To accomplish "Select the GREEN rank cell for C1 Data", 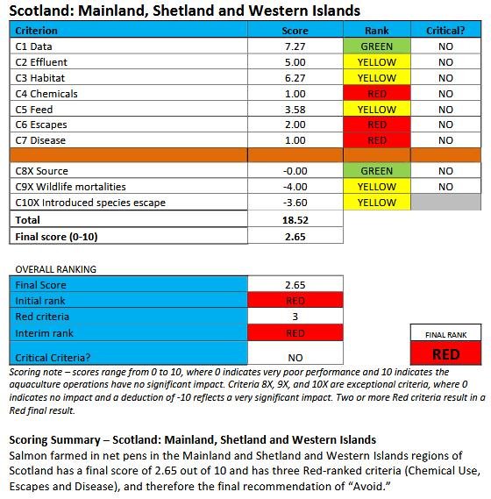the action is point(377,46).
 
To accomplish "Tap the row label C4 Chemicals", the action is point(47,94).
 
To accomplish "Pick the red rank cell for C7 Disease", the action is point(377,140).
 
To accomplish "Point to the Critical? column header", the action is point(445,31).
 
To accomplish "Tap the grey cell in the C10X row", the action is point(445,203).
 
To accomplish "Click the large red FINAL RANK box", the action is point(446,353).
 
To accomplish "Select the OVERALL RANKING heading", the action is point(54,269).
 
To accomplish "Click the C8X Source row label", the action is point(42,171).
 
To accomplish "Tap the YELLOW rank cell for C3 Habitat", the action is point(377,78).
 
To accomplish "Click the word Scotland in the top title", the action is point(40,11).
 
